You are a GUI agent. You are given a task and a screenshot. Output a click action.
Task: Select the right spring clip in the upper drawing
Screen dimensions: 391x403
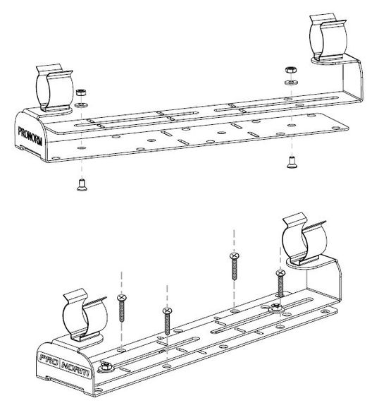click(328, 39)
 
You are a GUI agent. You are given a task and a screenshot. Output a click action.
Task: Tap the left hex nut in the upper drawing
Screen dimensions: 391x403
click(81, 92)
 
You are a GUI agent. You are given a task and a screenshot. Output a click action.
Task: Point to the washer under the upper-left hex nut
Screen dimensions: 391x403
click(81, 105)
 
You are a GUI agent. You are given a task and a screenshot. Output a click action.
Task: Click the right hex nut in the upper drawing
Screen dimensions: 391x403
click(291, 70)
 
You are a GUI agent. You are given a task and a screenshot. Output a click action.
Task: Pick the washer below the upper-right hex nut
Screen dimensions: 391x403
click(291, 83)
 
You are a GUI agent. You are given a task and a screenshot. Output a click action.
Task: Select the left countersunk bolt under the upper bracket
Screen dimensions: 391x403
click(82, 185)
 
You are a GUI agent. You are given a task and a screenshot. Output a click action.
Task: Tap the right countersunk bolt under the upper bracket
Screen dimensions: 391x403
click(292, 162)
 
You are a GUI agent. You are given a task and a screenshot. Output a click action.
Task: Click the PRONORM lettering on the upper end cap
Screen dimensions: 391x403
click(30, 136)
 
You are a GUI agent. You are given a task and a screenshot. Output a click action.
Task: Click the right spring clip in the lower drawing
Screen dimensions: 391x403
click(304, 239)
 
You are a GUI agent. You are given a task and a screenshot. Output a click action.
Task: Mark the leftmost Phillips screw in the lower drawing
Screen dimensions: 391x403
click(122, 308)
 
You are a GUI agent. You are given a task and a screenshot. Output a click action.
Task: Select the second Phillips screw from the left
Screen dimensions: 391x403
click(167, 321)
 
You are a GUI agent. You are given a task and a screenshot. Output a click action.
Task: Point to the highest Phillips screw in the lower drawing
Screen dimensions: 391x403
click(234, 266)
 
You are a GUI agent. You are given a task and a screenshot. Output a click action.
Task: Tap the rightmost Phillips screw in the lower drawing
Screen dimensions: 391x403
click(280, 283)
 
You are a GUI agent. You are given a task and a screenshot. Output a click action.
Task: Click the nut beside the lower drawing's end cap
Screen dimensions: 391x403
click(106, 367)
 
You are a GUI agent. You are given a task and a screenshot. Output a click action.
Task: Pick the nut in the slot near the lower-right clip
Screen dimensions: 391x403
click(275, 307)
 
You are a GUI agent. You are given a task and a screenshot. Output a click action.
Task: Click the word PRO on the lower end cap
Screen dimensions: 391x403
click(49, 360)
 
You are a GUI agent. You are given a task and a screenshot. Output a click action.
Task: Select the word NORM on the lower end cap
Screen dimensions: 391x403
click(75, 370)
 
